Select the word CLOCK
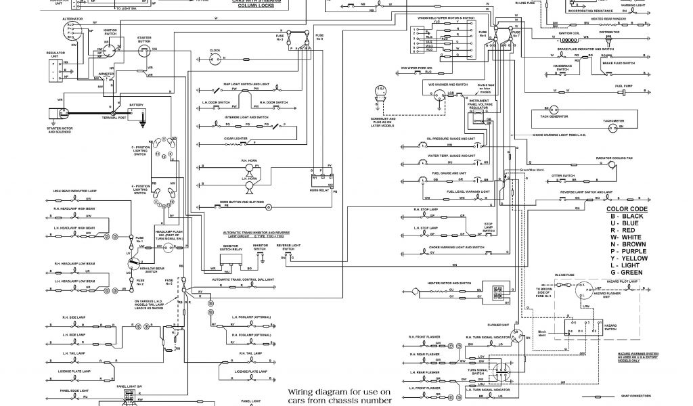[x=215, y=51]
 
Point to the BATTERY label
[x=137, y=105]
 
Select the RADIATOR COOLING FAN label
[x=613, y=157]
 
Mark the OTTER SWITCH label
[x=562, y=175]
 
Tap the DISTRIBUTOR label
[x=609, y=31]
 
